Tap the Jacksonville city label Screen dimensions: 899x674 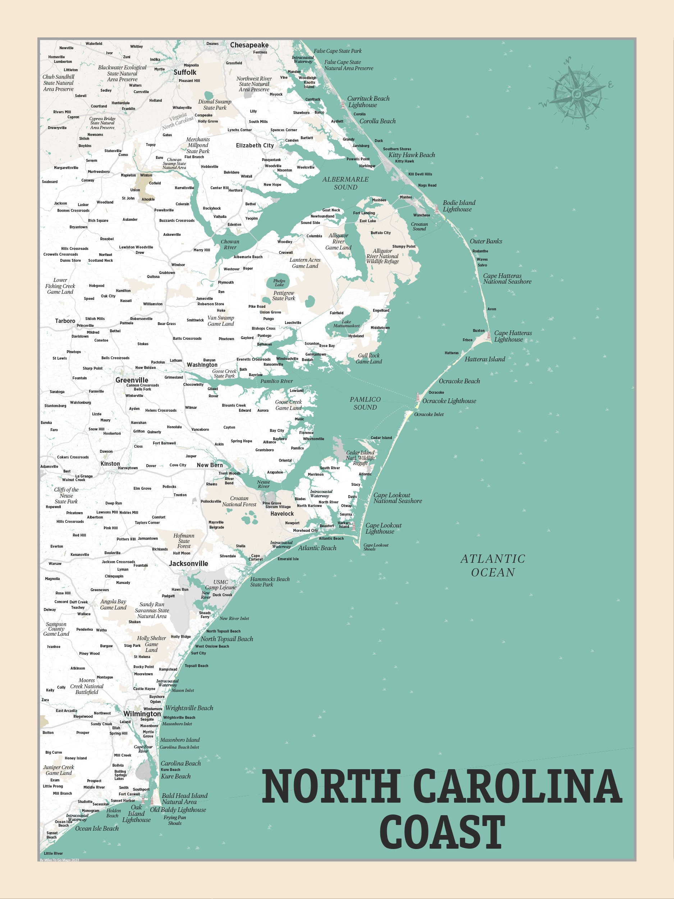pyautogui.click(x=188, y=563)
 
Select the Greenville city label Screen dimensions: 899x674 pyautogui.click(x=132, y=380)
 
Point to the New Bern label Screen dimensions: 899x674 pyautogui.click(x=210, y=465)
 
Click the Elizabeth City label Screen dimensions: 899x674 pyautogui.click(x=255, y=146)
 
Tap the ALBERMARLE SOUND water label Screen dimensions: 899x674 pyautogui.click(x=345, y=183)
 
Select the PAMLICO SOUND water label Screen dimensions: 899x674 pyautogui.click(x=365, y=403)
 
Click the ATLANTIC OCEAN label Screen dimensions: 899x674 pyautogui.click(x=492, y=565)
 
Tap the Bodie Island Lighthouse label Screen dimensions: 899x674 pyautogui.click(x=458, y=206)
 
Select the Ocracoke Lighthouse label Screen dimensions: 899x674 pyautogui.click(x=449, y=401)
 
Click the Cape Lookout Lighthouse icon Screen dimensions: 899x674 pyautogui.click(x=353, y=526)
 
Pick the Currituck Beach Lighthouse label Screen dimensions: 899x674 pyautogui.click(x=368, y=102)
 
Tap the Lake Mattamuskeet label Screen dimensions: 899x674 pyautogui.click(x=346, y=324)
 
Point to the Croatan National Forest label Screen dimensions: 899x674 pyautogui.click(x=239, y=501)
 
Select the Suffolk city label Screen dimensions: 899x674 pyautogui.click(x=185, y=72)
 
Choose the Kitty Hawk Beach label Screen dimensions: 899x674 pyautogui.click(x=411, y=155)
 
